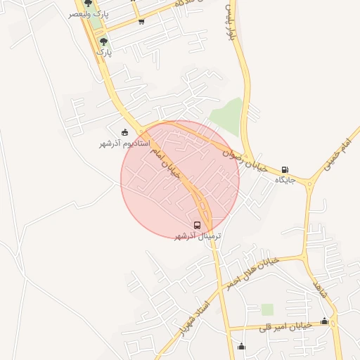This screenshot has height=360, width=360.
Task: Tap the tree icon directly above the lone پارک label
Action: [x=103, y=42]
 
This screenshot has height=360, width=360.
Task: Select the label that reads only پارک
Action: [x=103, y=52]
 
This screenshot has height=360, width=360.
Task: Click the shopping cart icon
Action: [x=141, y=22]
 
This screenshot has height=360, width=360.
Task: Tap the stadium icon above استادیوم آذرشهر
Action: [x=125, y=133]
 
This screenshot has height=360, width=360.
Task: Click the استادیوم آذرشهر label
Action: [x=124, y=143]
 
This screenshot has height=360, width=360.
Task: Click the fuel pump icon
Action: [x=284, y=169]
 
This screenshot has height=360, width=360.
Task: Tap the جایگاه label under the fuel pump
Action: [x=284, y=180]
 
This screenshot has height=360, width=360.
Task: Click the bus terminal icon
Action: [x=197, y=226]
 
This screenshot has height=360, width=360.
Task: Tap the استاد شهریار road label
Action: [x=195, y=318]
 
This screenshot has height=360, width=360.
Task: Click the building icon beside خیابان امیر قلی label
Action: [x=324, y=321]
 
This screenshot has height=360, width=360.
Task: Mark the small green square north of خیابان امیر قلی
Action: [x=267, y=309]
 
